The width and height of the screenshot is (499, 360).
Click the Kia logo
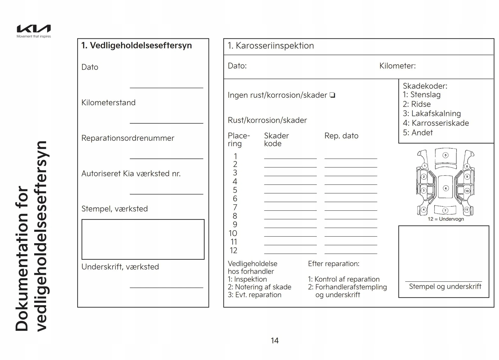(34, 29)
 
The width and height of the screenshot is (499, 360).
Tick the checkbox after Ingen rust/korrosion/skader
(332, 95)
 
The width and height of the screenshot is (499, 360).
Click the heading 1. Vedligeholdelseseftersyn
(136, 46)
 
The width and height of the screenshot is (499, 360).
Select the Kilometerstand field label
(108, 103)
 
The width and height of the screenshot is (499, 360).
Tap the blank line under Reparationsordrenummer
(166, 158)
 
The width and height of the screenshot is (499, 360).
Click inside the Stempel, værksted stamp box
(143, 239)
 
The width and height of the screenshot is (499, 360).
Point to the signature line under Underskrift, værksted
(166, 287)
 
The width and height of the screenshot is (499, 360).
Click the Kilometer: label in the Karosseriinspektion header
(397, 66)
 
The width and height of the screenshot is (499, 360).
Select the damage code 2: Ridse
(417, 104)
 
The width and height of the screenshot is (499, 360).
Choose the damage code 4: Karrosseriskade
(436, 123)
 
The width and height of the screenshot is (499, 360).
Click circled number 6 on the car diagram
(446, 188)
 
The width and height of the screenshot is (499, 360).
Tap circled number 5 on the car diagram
(445, 155)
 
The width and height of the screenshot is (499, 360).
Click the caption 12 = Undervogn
(446, 219)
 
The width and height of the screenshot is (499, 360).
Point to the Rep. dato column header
(341, 136)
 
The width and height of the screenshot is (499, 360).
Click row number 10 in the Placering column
(233, 233)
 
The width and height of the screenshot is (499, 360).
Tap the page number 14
(274, 341)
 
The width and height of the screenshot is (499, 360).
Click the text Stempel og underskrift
(445, 286)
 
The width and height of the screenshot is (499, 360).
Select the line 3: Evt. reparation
(254, 295)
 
